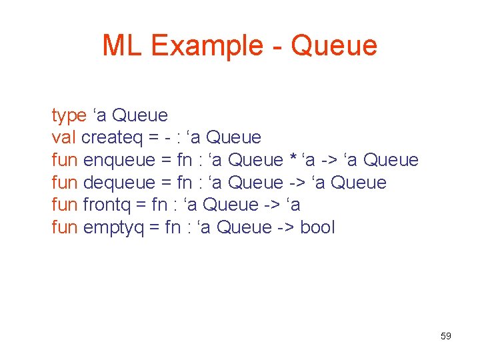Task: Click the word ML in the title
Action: tap(123, 45)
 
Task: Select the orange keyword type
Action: tap(69, 116)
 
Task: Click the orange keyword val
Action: tap(64, 138)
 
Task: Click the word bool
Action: tap(317, 228)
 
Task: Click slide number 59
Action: tap(446, 336)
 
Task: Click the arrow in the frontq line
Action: tap(269, 205)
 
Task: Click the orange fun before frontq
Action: tap(65, 205)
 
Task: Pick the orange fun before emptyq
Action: tap(65, 228)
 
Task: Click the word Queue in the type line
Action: tap(140, 116)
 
